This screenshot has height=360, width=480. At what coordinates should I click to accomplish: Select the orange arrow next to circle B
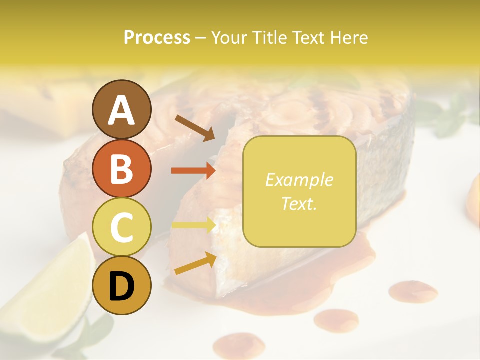click(x=193, y=171)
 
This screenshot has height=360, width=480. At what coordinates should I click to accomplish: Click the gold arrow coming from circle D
click(x=195, y=263)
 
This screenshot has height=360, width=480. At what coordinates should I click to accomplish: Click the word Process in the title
click(x=157, y=38)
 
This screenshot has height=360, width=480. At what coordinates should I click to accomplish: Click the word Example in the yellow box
click(x=299, y=180)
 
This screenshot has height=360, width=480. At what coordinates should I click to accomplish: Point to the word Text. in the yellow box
click(x=299, y=203)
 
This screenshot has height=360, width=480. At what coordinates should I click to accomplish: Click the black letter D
click(x=121, y=286)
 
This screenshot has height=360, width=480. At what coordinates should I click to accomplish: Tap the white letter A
click(x=121, y=110)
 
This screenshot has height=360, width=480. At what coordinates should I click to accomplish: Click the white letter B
click(x=121, y=169)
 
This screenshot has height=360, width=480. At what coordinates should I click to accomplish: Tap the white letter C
click(x=121, y=227)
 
